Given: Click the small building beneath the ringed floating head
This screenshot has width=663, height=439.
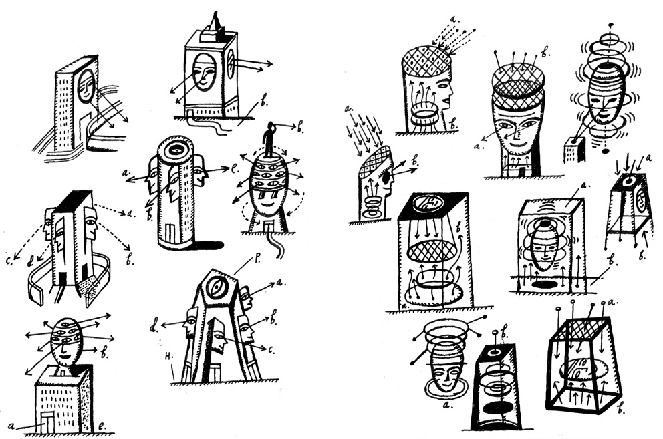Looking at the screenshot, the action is (573, 149).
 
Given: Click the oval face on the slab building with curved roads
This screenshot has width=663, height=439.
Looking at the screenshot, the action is (85, 88).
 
